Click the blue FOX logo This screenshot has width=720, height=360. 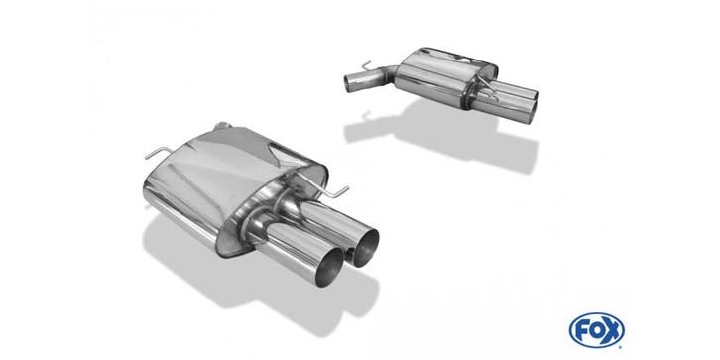596,330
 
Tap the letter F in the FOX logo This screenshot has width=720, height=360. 582,330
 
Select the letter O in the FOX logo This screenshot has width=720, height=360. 596,330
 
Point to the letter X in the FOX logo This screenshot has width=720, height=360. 613,330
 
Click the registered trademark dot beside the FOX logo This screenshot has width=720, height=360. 621,347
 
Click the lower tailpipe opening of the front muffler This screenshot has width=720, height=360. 329,268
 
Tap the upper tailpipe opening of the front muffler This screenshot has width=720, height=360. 366,248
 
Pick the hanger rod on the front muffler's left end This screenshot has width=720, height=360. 159,152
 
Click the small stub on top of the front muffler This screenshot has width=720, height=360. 222,125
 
